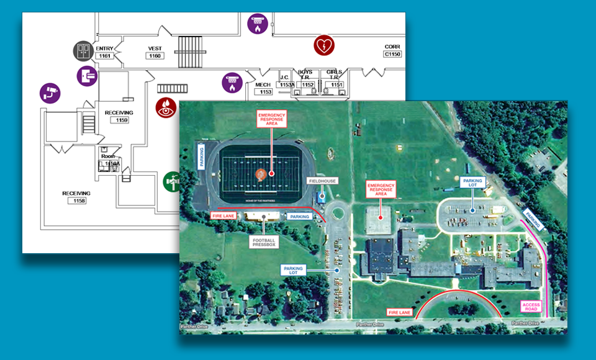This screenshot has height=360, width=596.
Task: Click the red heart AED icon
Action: pyautogui.click(x=323, y=45)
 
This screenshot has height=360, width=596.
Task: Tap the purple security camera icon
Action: pyautogui.click(x=50, y=93)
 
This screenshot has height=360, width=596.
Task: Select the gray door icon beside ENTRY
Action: pyautogui.click(x=83, y=51)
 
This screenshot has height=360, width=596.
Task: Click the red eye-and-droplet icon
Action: pyautogui.click(x=166, y=106)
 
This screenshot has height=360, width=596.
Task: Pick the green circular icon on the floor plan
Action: pyautogui.click(x=172, y=182)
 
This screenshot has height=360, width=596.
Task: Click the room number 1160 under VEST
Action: pyautogui.click(x=155, y=56)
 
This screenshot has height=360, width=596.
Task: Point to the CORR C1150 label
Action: pyautogui.click(x=392, y=50)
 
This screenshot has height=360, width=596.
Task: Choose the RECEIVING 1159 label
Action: pyautogui.click(x=119, y=116)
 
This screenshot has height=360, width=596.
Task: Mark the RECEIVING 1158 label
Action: pyautogui.click(x=76, y=197)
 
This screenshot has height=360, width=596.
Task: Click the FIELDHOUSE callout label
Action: pyautogui.click(x=322, y=181)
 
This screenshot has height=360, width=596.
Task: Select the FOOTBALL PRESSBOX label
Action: pyautogui.click(x=263, y=241)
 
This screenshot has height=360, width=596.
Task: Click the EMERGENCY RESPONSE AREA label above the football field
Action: pyautogui.click(x=271, y=119)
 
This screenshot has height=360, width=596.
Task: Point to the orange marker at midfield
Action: pyautogui.click(x=261, y=174)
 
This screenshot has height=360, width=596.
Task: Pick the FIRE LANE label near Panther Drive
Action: pyautogui.click(x=399, y=312)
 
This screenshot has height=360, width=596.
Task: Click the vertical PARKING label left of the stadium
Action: pyautogui.click(x=201, y=158)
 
